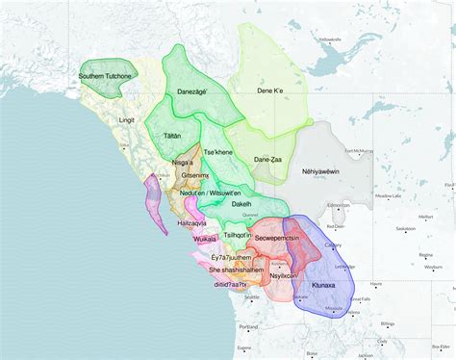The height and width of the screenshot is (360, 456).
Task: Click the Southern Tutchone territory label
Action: pyautogui.click(x=105, y=75)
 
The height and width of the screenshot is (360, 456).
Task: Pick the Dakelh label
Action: pyautogui.click(x=242, y=205)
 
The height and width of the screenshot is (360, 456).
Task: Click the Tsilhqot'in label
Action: pyautogui.click(x=238, y=236)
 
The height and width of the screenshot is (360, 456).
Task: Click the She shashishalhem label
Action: pyautogui.click(x=237, y=270)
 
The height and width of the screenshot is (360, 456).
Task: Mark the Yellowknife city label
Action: pyautogui.click(x=330, y=39)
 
